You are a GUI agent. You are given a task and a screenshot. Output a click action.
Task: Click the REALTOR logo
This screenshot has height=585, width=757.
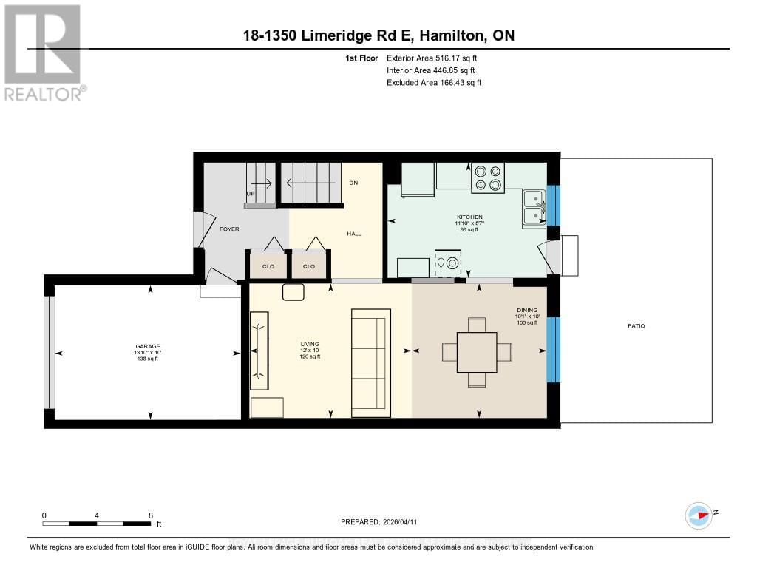pos(44,52)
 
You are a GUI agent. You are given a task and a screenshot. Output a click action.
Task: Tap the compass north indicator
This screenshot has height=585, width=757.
pos(699,515)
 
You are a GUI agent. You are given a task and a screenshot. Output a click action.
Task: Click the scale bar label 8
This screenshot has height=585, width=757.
pos(151,515)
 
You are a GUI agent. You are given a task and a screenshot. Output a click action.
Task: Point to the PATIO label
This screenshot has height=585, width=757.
pos(636,325)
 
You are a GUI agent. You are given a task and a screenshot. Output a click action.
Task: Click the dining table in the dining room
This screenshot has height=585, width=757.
pos(477,352)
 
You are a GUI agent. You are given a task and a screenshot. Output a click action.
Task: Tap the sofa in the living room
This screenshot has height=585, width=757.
pos(369,362)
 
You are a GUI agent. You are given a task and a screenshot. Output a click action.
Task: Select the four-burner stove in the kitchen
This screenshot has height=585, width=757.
pos(488,177)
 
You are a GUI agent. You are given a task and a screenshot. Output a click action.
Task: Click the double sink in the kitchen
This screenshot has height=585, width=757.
pos(533,207)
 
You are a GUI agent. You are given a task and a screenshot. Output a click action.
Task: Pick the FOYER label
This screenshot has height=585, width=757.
pos(229,229)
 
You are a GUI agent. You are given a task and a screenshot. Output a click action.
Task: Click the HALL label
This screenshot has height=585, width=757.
pos(354,234)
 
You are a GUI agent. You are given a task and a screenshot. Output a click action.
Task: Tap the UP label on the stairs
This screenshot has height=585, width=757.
pos(251,195)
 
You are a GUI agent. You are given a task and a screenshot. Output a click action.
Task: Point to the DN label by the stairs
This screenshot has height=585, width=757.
pos(353,183)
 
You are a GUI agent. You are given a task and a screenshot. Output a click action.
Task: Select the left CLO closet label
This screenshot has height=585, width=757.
pos(268,266)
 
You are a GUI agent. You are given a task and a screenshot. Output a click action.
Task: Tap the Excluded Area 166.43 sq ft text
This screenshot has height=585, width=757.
pos(434,83)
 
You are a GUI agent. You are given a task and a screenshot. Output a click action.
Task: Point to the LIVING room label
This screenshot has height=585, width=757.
pos(309,344)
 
